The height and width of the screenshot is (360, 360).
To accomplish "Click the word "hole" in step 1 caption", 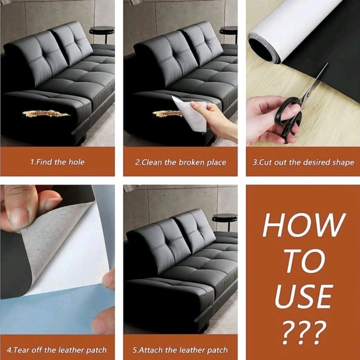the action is tap(77, 162).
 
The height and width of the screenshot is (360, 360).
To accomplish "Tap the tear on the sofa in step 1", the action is tap(46, 113).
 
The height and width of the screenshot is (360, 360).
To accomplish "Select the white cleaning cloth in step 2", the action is tap(190, 113).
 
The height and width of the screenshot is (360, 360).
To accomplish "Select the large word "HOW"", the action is tap(304, 225).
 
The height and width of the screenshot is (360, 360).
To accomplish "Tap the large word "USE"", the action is tap(304, 296).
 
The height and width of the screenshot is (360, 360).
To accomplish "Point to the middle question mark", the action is tap(304, 332).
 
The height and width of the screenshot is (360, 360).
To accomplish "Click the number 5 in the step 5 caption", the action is tap(134, 350).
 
